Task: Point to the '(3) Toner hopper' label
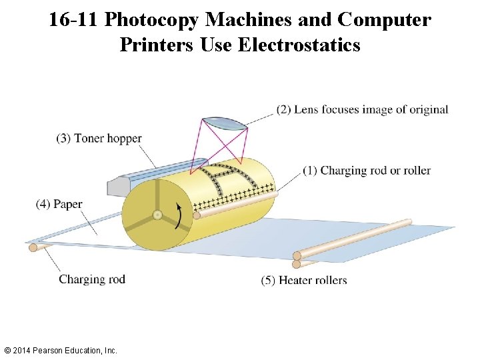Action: pos(99,139)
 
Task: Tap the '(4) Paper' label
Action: pos(59,204)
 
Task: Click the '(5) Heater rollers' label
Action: pos(304,280)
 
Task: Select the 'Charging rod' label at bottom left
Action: pos(91,279)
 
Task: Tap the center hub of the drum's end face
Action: pos(157,215)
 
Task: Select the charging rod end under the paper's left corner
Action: pos(33,247)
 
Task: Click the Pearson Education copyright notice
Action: pos(60,350)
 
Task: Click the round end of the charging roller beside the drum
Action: pos(197,215)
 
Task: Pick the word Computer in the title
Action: pos(384,20)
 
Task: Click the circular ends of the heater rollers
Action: pos(297,259)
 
